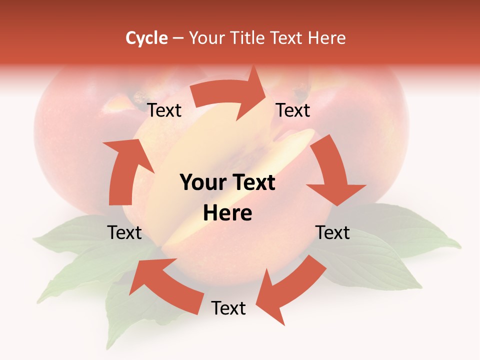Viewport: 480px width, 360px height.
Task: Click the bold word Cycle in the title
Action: click(x=146, y=38)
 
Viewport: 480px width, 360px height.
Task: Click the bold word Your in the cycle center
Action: click(x=202, y=182)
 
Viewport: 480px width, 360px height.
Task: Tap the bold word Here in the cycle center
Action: click(x=227, y=213)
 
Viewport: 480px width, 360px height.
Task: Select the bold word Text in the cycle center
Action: click(x=252, y=182)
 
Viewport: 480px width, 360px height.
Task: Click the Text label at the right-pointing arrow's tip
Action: click(x=293, y=110)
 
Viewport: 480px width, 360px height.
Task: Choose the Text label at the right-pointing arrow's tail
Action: click(x=164, y=110)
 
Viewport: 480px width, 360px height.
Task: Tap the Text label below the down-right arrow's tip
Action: click(x=332, y=232)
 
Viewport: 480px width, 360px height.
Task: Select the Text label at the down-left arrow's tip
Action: click(x=228, y=308)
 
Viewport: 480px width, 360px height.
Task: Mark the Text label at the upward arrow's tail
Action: click(x=124, y=232)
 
